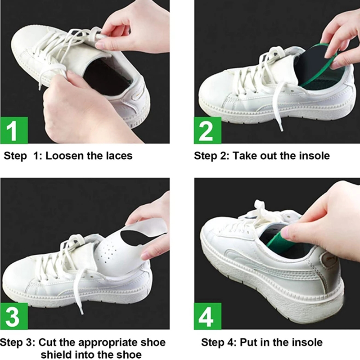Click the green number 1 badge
click(x=14, y=130)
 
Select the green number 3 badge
click(x=14, y=316)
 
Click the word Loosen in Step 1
click(x=65, y=156)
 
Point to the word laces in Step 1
click(x=117, y=156)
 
